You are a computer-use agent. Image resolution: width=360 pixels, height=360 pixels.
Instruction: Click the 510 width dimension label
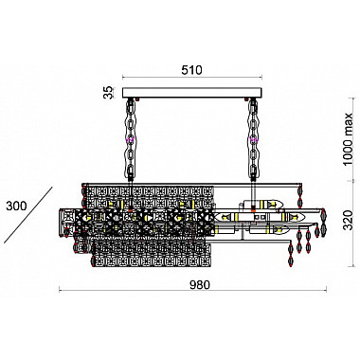(191, 70)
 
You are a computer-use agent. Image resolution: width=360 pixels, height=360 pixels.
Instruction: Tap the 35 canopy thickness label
(109, 93)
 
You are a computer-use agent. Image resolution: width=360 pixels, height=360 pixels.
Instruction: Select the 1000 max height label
(348, 139)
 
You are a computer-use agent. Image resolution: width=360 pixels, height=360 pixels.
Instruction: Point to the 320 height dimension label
(348, 220)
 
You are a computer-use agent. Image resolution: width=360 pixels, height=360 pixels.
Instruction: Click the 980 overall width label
(200, 285)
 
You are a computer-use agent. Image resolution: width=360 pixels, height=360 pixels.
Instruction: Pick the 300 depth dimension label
(16, 206)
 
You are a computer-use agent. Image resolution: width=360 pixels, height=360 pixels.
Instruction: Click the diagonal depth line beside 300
(28, 215)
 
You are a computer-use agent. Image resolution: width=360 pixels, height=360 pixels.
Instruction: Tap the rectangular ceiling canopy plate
(192, 93)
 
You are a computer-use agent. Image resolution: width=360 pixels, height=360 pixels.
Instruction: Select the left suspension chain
(131, 139)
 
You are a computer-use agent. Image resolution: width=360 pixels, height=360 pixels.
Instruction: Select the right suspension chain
(253, 139)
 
